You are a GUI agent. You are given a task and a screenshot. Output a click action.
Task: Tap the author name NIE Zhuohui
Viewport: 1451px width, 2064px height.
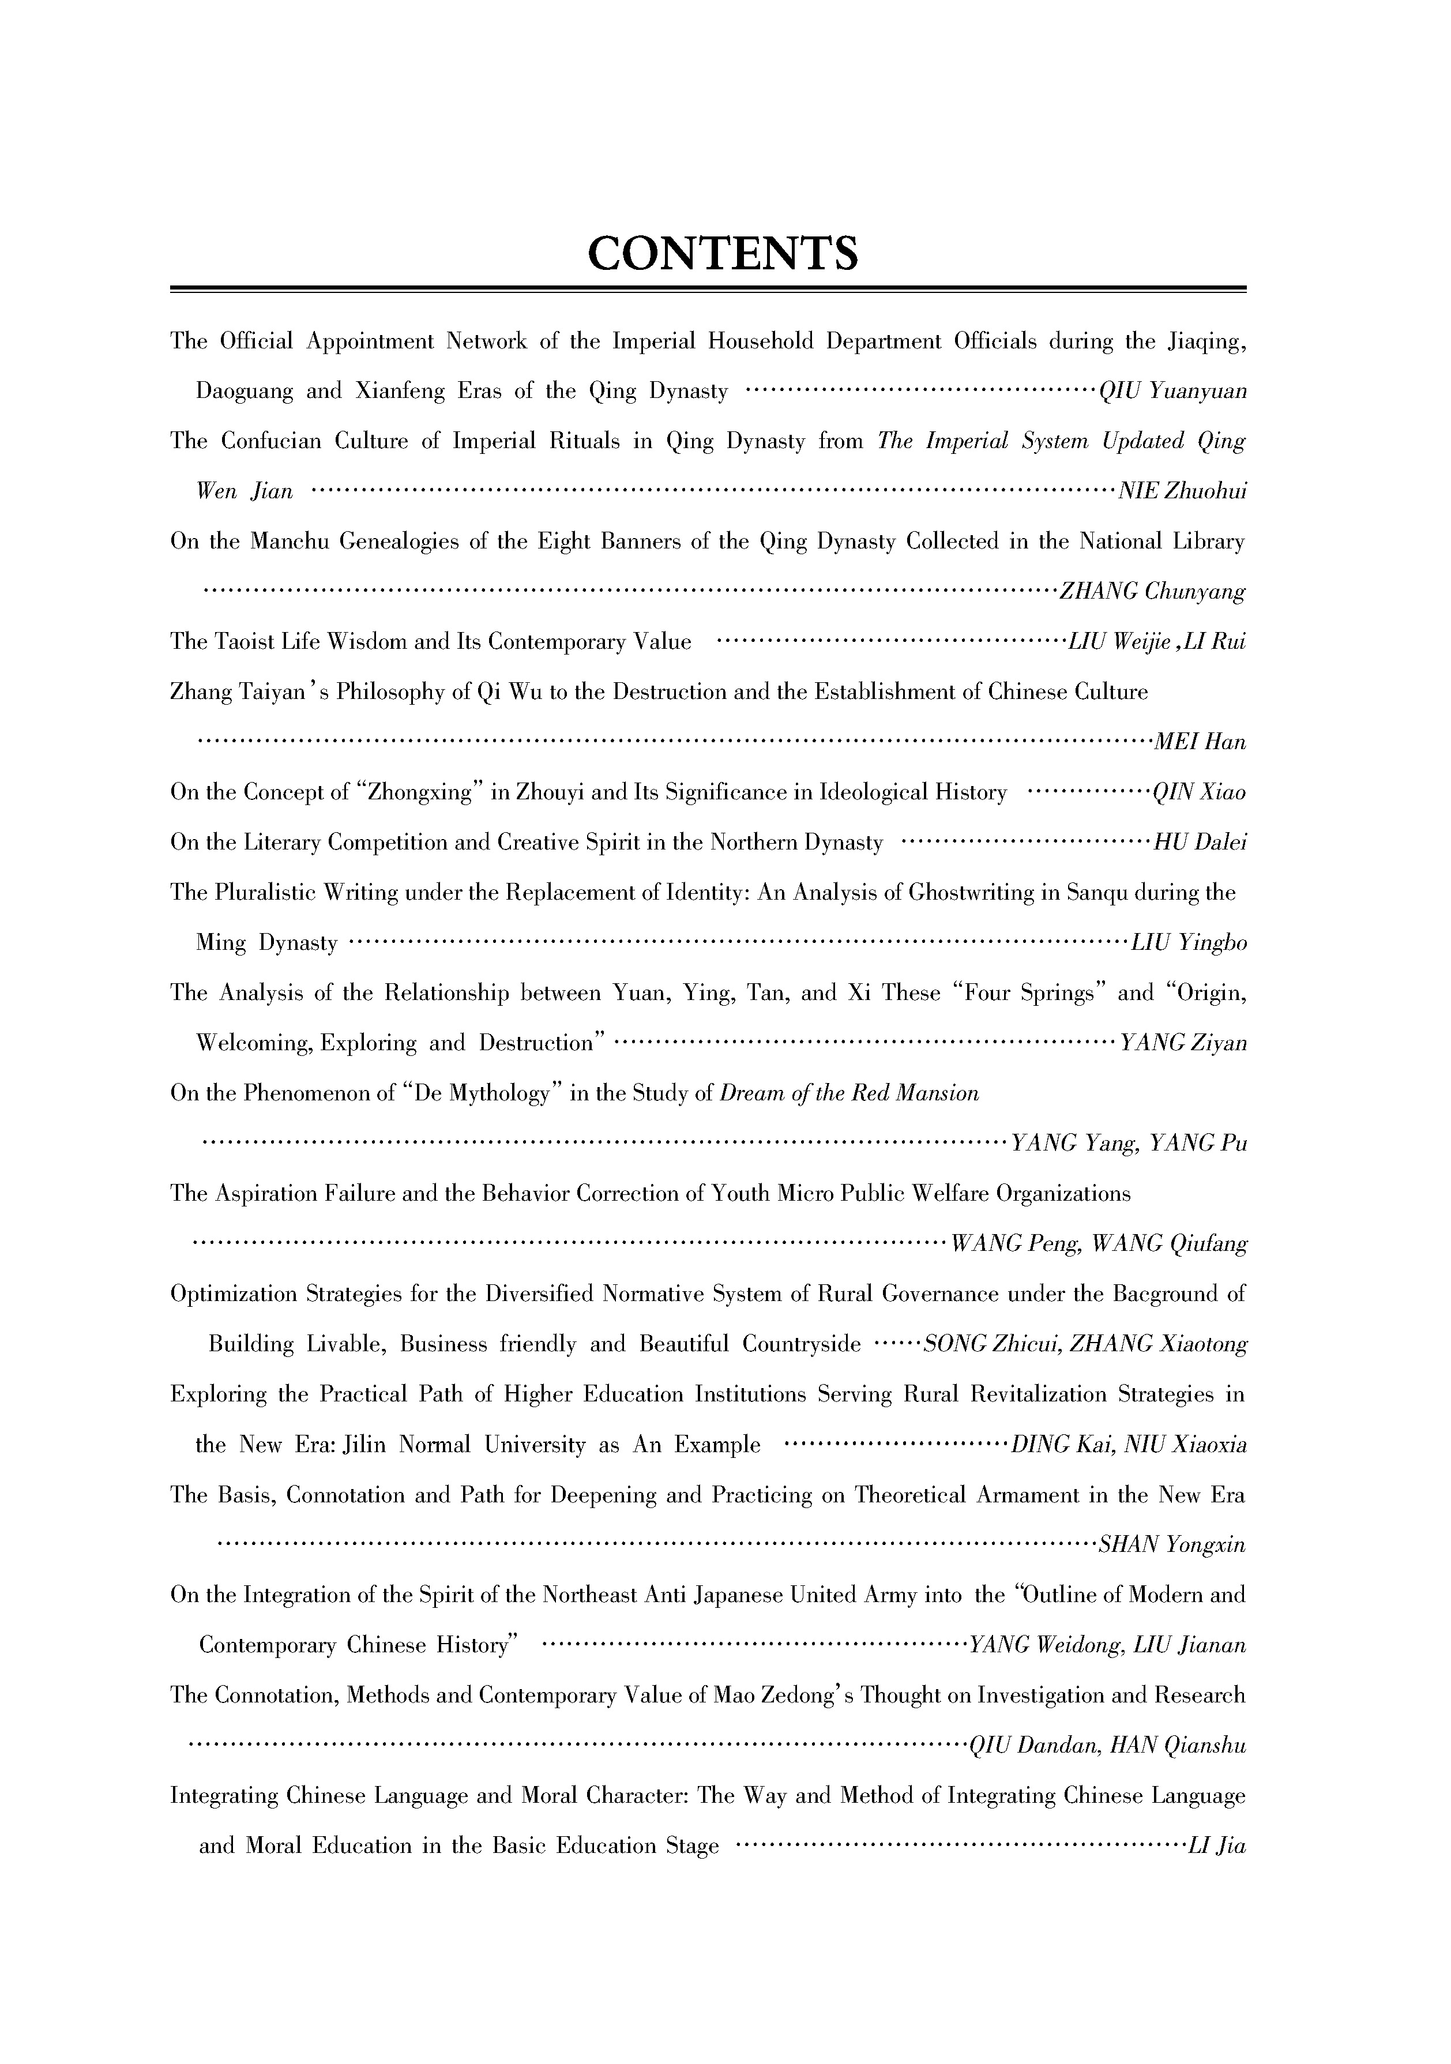[1181, 492]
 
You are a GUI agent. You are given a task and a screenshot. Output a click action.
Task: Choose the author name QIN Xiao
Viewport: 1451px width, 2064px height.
[1200, 793]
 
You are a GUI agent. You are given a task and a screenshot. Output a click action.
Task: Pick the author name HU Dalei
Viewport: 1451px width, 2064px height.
[1200, 843]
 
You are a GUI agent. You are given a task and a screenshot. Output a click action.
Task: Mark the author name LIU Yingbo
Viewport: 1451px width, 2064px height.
[1189, 944]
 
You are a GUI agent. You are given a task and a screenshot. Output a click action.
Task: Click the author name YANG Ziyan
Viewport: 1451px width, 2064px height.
[1181, 1044]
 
